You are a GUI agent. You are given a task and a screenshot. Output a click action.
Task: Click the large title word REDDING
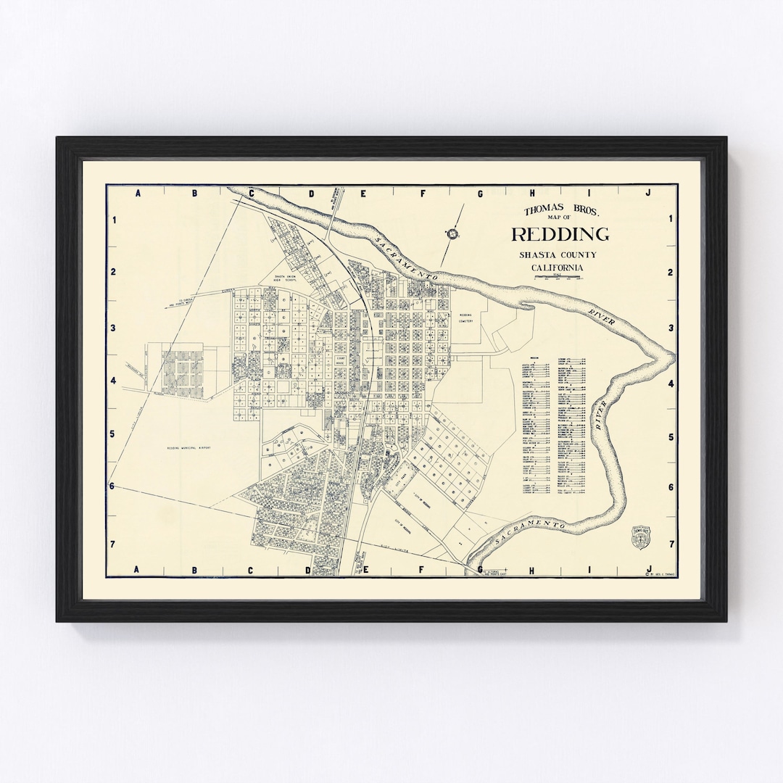coord(560,234)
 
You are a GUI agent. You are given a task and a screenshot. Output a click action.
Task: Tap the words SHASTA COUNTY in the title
coord(558,255)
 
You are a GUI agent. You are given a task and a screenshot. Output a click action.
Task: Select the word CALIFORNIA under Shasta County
coord(558,268)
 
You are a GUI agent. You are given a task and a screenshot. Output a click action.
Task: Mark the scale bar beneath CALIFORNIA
coord(558,277)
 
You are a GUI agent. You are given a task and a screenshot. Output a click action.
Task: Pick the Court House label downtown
coord(341,359)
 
